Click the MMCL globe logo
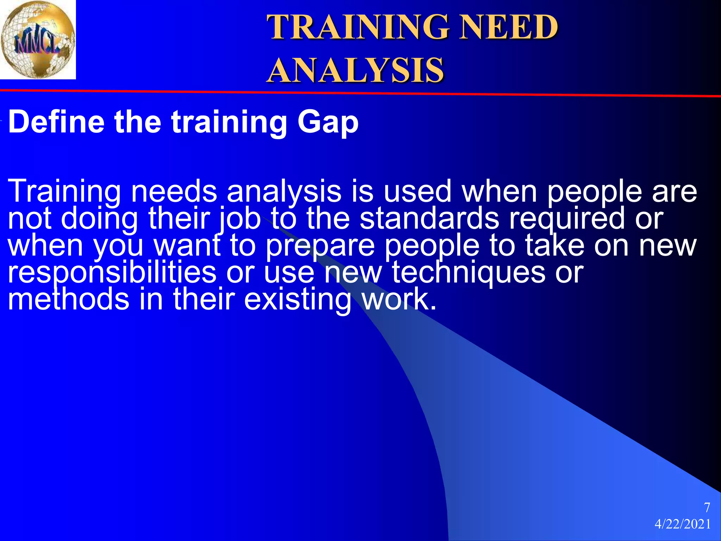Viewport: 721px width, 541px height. tap(38, 39)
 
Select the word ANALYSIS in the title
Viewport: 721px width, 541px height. tap(356, 70)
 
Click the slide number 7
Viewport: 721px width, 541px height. tap(707, 508)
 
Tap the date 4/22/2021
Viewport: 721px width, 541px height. tap(683, 524)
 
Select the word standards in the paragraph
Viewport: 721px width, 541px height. tap(430, 218)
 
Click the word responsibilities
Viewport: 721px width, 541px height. tap(112, 273)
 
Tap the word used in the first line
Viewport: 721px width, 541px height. tap(417, 191)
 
